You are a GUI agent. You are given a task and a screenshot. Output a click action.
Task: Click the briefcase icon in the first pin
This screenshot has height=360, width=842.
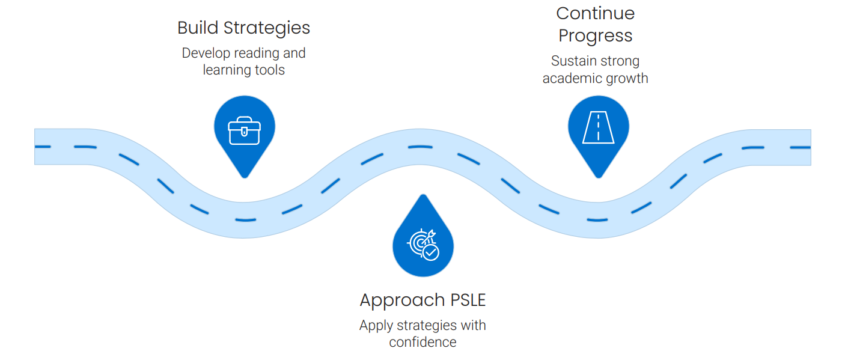[245, 132]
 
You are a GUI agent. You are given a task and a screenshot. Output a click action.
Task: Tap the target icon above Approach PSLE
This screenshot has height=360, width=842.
[423, 244]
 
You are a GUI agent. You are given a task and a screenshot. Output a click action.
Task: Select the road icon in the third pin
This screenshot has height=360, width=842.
[599, 128]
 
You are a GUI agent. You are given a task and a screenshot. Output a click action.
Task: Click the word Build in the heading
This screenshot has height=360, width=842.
[198, 28]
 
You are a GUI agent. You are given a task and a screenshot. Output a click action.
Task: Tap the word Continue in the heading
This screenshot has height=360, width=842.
[596, 13]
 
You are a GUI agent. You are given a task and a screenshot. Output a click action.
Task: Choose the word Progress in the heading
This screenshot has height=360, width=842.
[596, 36]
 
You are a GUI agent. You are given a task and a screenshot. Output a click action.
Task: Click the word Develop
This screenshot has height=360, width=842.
[205, 53]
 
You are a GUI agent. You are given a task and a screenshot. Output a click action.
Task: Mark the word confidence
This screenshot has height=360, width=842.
[423, 342]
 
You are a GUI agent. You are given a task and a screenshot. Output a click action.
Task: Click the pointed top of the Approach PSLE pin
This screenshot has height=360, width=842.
[423, 196]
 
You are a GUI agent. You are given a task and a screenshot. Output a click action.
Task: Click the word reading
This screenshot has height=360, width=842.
[257, 53]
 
